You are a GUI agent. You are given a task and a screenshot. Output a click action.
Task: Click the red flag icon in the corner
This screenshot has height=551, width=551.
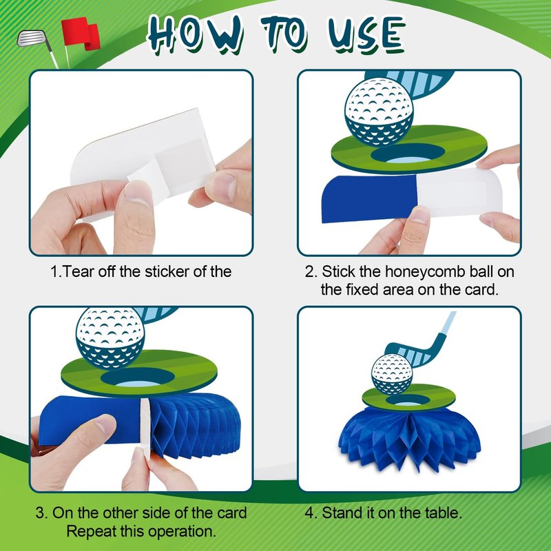click(81, 33)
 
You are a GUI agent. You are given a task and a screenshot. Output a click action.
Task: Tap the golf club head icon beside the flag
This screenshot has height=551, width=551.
click(32, 38)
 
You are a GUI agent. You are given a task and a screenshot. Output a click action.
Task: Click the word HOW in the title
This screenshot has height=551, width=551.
click(196, 34)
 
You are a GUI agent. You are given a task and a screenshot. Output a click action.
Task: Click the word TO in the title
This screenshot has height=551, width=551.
click(284, 34)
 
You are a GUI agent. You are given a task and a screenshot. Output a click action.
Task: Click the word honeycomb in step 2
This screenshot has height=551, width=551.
click(425, 271)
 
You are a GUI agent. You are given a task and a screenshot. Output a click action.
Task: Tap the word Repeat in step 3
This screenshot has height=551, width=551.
click(90, 531)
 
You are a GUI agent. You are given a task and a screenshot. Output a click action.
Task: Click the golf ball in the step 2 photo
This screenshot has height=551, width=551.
click(379, 112)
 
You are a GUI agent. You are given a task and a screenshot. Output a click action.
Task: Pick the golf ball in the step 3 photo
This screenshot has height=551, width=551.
click(110, 338)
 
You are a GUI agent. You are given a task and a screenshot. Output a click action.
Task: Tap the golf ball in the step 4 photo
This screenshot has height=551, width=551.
click(392, 374)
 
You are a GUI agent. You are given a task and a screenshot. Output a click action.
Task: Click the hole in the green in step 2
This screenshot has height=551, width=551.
click(408, 154)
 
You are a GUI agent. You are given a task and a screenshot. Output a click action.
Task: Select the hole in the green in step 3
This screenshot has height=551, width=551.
click(137, 377)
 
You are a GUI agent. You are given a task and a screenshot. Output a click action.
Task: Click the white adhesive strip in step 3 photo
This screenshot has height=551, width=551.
click(145, 428)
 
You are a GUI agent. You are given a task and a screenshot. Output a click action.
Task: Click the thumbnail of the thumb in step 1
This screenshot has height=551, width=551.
click(138, 193)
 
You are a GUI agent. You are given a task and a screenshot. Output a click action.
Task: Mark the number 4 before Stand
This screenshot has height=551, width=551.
click(309, 513)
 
